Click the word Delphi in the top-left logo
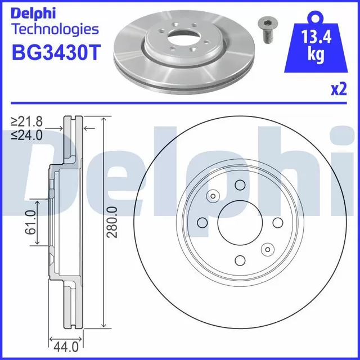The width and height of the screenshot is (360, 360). (33, 13)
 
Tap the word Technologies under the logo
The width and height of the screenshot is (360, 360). (55, 29)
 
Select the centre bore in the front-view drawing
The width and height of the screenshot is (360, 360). (240, 222)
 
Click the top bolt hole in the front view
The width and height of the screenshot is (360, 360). (240, 186)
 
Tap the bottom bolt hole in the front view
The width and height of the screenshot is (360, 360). (240, 259)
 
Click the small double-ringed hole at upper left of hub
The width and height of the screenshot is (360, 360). (213, 196)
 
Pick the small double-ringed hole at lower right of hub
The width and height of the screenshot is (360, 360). (266, 249)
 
